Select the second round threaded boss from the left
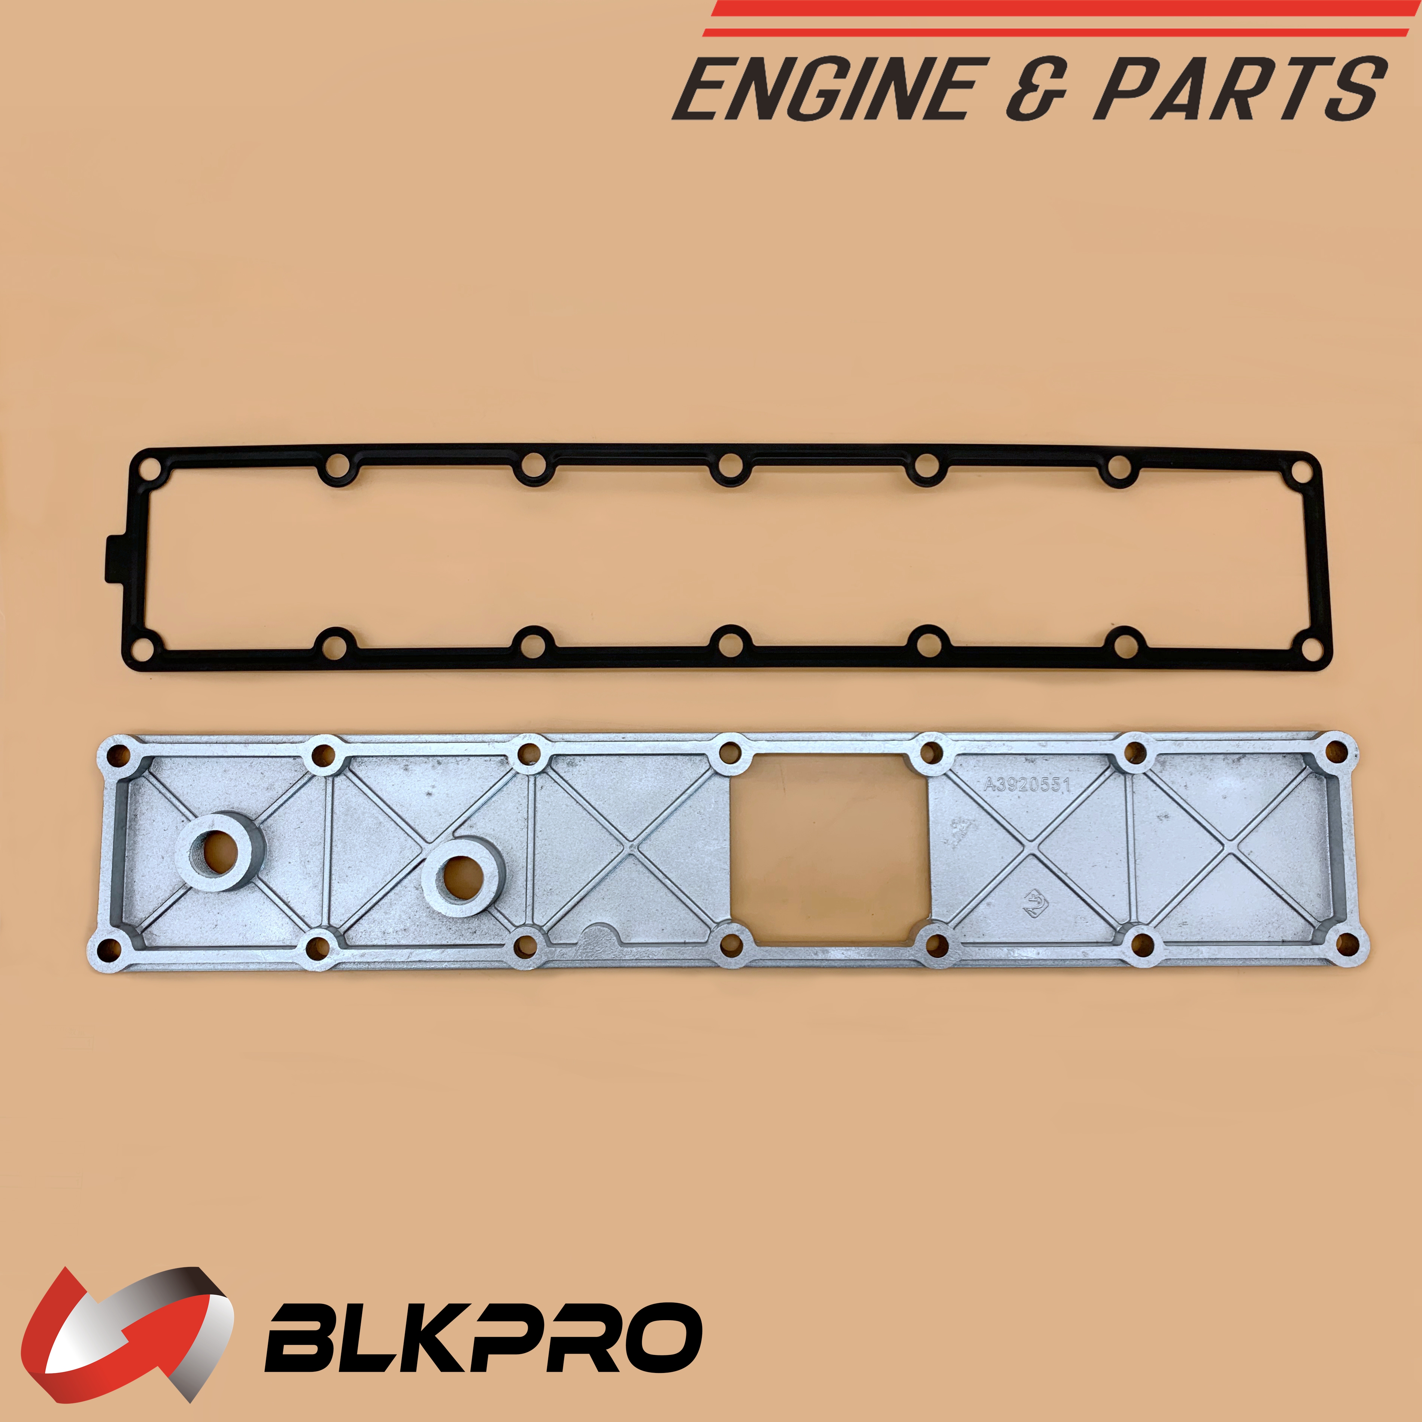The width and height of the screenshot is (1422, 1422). coord(463,877)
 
